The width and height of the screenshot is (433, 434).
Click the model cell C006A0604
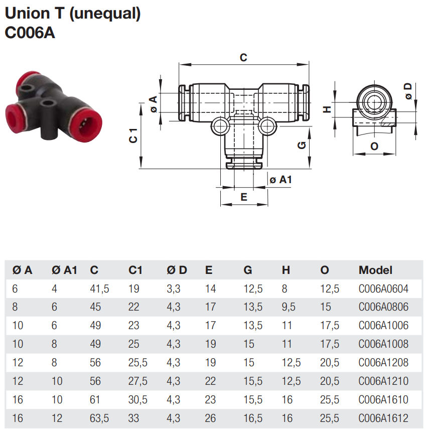coord(383,288)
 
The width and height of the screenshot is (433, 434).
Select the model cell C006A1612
coord(383,418)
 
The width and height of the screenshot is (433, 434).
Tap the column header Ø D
coord(177,270)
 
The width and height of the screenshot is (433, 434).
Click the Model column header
coord(375,270)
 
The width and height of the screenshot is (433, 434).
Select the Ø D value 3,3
coord(173,288)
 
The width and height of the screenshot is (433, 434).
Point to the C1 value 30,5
coord(137,400)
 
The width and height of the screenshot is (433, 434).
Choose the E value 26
coord(211,418)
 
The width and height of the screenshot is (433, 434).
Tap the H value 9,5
coord(288,307)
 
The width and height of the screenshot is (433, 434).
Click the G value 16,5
coord(253,418)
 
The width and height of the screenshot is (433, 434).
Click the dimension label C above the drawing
coord(243,58)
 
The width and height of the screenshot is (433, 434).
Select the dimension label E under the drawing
coord(244,197)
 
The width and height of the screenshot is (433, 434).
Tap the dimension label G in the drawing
coord(302,145)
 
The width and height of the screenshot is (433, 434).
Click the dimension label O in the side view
coord(374,146)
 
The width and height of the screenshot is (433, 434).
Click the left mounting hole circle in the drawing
coord(219,126)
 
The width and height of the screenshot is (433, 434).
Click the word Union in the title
coord(28,14)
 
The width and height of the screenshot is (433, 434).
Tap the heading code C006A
coord(29,33)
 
